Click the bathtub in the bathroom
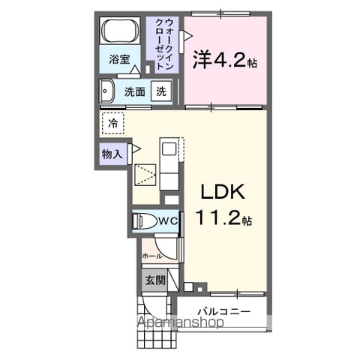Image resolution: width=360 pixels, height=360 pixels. point(119,31)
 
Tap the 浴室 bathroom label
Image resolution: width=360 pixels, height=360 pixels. point(119,59)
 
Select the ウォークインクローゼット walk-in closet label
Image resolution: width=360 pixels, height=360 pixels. point(164,44)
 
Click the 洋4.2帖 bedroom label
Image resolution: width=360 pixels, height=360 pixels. point(225,60)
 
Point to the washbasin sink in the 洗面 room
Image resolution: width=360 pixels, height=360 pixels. point(106,91)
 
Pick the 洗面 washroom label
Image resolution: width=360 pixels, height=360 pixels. point(135,91)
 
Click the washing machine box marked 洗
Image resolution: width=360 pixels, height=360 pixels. point(161,91)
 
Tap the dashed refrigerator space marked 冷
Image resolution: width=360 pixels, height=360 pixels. point(113,123)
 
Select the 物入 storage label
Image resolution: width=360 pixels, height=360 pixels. point(112,154)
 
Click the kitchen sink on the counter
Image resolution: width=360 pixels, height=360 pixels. point(169,149)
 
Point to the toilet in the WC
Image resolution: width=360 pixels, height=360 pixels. point(143,220)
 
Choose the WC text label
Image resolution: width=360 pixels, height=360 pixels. point(169,220)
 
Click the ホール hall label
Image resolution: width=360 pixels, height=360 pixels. point(152,256)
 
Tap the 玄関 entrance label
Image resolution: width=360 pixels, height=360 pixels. point(156,280)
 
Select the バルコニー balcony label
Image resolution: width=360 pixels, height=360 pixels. point(224,311)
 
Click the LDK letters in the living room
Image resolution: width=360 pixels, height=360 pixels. point(223,192)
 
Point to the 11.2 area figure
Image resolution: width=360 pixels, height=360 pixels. point(219,217)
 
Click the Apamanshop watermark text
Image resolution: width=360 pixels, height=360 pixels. point(181,322)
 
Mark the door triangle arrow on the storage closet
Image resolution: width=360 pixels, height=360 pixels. point(136,149)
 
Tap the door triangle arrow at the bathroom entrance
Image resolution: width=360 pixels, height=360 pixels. point(135,70)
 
